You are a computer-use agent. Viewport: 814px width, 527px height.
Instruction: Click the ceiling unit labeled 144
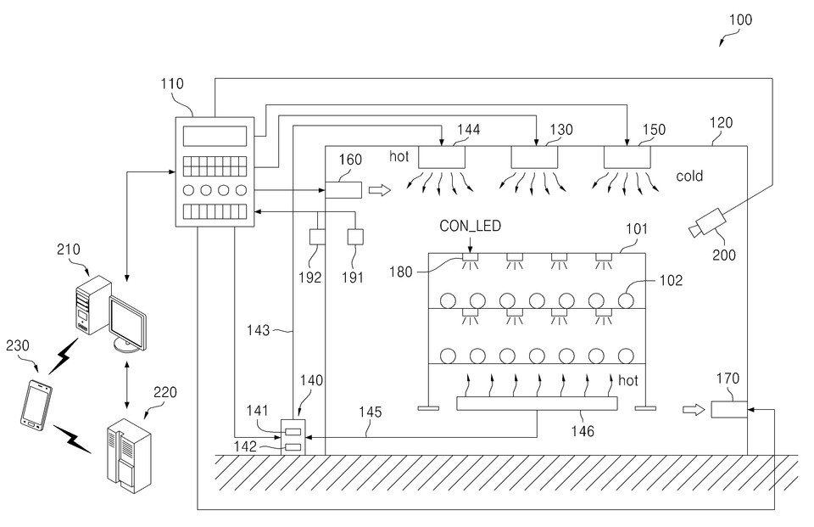[x=442, y=157]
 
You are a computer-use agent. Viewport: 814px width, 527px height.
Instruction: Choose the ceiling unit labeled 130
[x=534, y=157]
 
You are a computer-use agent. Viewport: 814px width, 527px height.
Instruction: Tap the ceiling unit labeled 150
[x=627, y=157]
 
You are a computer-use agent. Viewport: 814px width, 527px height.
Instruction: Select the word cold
[x=690, y=177]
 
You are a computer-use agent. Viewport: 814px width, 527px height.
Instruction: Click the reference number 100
[x=739, y=19]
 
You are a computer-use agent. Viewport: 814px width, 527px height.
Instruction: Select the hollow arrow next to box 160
[x=380, y=190]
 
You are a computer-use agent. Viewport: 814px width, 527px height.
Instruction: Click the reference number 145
[x=369, y=412]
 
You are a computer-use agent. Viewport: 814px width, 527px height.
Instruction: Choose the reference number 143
[x=260, y=329]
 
